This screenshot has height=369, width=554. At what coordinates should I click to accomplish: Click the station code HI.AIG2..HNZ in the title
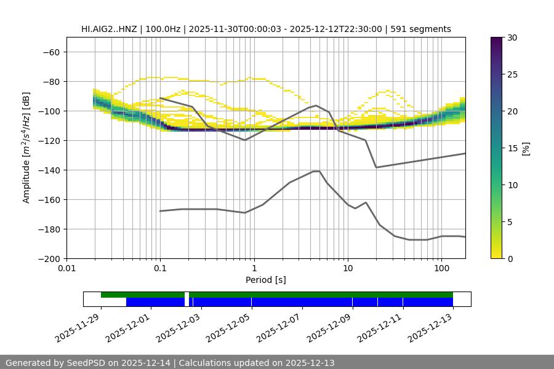click(x=111, y=29)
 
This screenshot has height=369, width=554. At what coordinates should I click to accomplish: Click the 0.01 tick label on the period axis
click(x=66, y=269)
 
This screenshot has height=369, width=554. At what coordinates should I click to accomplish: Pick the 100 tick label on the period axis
click(x=441, y=269)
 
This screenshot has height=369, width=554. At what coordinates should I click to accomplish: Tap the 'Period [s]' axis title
click(x=265, y=280)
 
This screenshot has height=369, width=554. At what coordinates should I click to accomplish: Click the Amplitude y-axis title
click(x=26, y=148)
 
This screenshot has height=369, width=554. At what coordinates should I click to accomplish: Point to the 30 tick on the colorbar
click(x=512, y=38)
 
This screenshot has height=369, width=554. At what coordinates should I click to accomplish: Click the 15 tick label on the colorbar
click(x=512, y=148)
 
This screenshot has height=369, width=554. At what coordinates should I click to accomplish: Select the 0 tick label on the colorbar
click(x=510, y=258)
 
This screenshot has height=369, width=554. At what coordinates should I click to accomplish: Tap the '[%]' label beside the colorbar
click(x=526, y=148)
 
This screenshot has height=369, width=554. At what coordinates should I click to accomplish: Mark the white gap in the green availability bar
click(x=187, y=295)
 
